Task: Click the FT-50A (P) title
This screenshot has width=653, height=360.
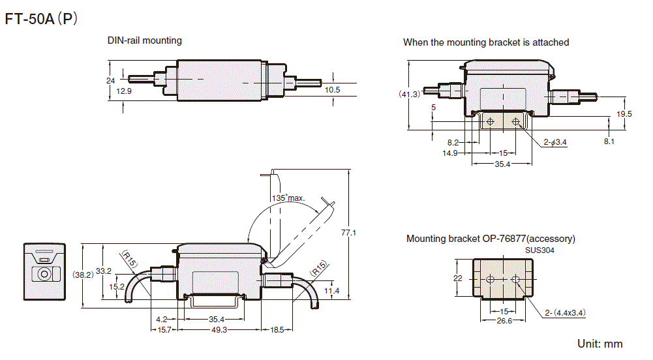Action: (41, 20)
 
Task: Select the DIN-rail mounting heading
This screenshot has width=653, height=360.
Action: (144, 40)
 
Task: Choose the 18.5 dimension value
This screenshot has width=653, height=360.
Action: (277, 331)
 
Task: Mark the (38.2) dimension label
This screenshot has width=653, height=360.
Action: (83, 275)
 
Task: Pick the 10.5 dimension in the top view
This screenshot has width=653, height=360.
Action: (333, 90)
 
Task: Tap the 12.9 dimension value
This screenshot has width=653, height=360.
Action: (124, 91)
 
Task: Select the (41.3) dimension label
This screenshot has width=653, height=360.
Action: (409, 94)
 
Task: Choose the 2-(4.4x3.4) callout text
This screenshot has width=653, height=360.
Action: (564, 312)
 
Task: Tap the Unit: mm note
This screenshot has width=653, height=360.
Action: (600, 344)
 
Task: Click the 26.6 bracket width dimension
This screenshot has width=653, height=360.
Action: (504, 321)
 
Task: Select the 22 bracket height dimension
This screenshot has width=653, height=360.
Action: (457, 278)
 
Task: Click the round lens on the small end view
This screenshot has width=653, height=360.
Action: (44, 275)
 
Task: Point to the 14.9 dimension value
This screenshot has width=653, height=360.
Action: (449, 153)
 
